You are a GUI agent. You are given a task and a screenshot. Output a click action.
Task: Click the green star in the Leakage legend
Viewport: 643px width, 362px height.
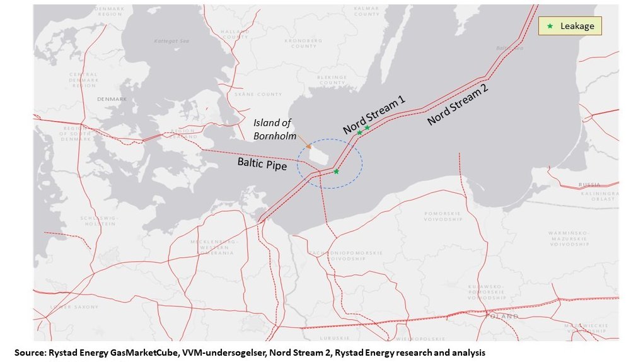(x=550, y=26)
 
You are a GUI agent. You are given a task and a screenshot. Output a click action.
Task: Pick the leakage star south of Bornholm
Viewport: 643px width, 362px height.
(x=336, y=172)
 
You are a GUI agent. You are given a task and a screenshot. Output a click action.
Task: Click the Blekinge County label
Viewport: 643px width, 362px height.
(x=332, y=80)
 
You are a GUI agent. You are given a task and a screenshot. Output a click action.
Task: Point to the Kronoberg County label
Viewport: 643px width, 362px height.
(x=304, y=44)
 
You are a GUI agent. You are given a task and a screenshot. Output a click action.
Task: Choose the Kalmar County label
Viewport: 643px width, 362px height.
(x=366, y=11)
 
